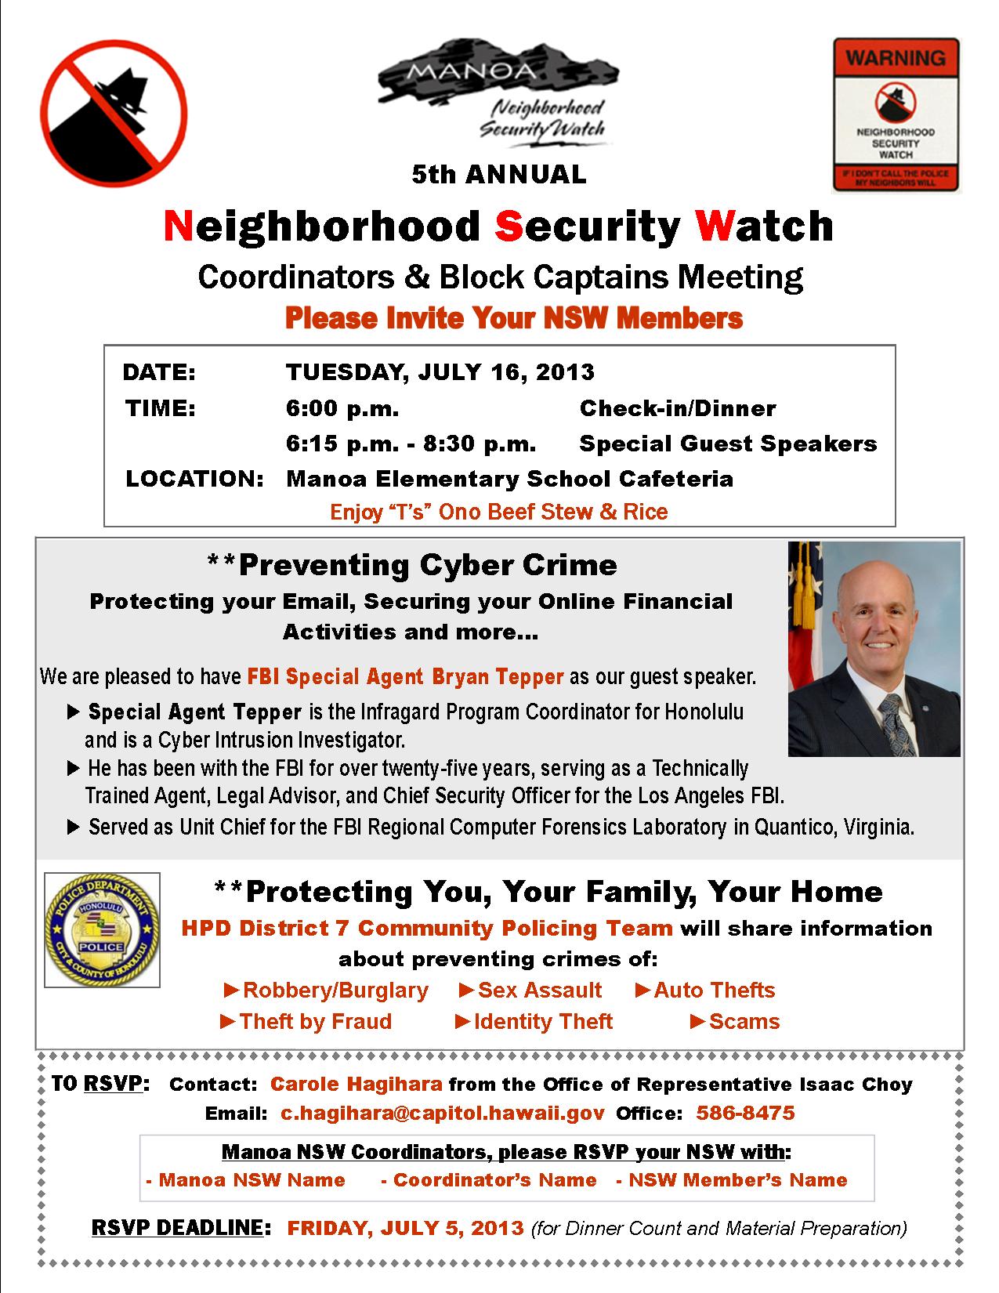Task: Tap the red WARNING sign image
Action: tap(896, 115)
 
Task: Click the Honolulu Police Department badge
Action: tap(102, 929)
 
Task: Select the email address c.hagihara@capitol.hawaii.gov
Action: tap(443, 1113)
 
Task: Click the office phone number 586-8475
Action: tap(745, 1113)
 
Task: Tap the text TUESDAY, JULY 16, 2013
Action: tap(440, 371)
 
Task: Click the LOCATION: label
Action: tap(194, 479)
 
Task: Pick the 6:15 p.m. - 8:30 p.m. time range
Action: tap(411, 444)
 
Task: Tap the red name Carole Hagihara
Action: tap(356, 1084)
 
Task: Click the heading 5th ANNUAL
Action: tap(499, 174)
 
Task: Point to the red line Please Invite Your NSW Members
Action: tap(513, 318)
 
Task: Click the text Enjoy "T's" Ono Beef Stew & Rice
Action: tap(498, 512)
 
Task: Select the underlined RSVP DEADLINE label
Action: tap(176, 1227)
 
